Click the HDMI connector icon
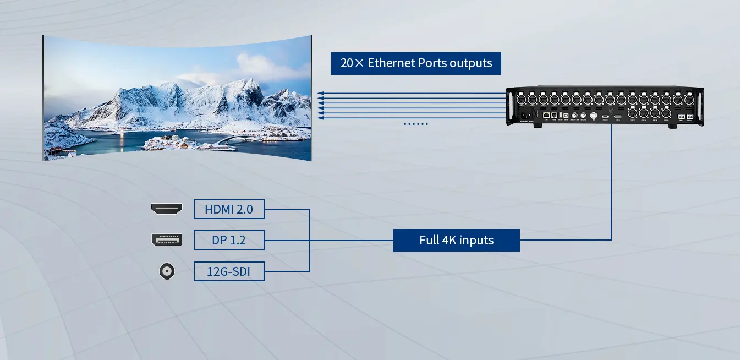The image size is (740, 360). tap(166, 209)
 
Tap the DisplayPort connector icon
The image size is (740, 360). tap(166, 239)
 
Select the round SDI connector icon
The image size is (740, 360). tap(166, 271)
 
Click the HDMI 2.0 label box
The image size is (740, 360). tap(229, 209)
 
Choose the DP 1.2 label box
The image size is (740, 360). tap(229, 240)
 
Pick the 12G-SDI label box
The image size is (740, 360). tap(229, 271)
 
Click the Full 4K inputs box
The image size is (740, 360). tap(456, 240)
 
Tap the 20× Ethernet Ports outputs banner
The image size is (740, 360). tap(416, 63)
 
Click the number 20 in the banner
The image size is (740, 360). tap(347, 63)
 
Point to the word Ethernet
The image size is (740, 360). tap(391, 63)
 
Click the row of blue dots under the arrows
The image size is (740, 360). tap(416, 124)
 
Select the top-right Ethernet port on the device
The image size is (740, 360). tap(689, 100)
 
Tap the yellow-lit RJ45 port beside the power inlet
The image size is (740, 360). tap(546, 116)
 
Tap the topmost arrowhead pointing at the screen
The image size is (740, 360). tap(321, 94)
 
